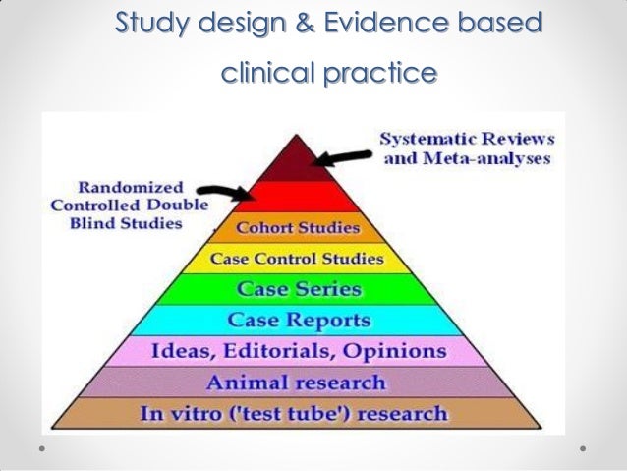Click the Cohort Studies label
(x=299, y=229)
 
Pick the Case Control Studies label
(x=299, y=260)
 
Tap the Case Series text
(x=299, y=290)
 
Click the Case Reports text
(x=299, y=321)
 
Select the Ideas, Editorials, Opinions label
(x=298, y=351)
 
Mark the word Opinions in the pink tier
(x=403, y=351)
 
